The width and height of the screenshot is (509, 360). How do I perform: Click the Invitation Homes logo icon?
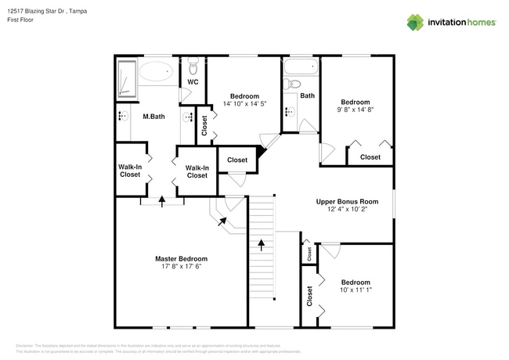pyautogui.click(x=414, y=22)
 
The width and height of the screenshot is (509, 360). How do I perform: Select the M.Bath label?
pyautogui.click(x=153, y=117)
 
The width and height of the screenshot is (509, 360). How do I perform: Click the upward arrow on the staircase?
pyautogui.click(x=261, y=244)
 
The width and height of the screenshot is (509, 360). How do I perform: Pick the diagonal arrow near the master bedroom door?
pyautogui.click(x=222, y=221)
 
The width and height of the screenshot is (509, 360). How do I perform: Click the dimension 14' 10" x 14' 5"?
pyautogui.click(x=244, y=103)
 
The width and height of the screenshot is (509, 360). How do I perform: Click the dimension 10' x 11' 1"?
pyautogui.click(x=355, y=290)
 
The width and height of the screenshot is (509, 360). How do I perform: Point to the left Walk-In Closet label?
pyautogui.click(x=130, y=170)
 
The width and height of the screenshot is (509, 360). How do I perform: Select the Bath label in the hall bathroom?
pyautogui.click(x=308, y=96)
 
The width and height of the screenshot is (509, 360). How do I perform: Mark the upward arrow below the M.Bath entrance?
pyautogui.click(x=162, y=200)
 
